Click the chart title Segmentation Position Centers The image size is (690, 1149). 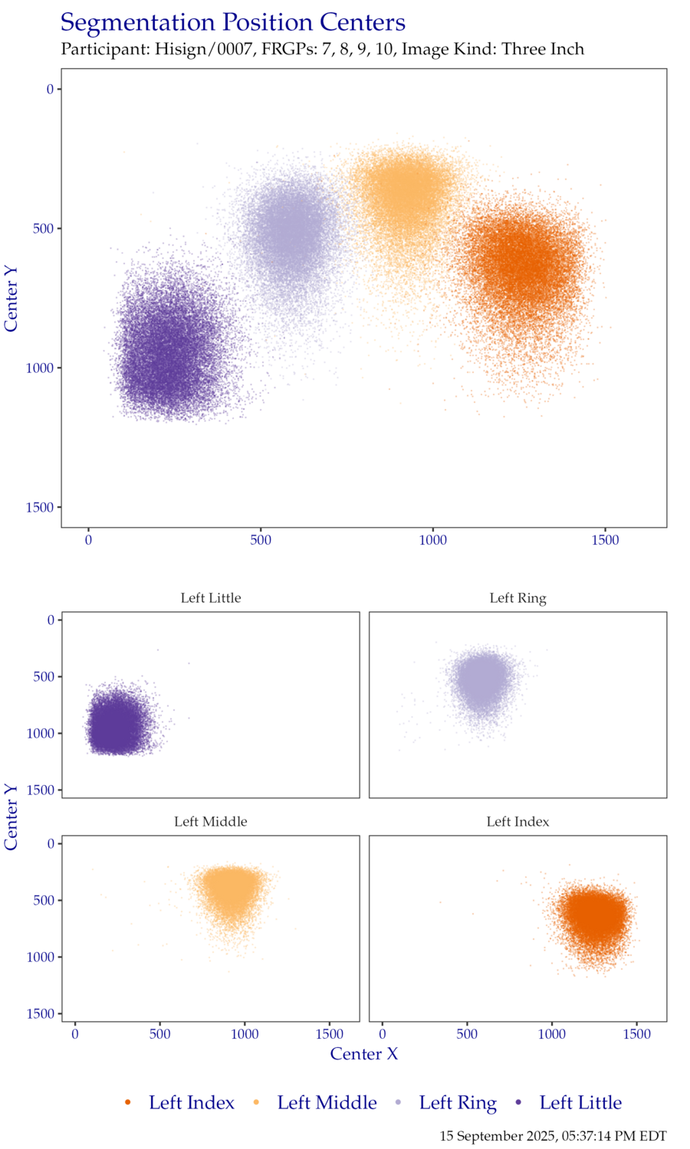[232, 23]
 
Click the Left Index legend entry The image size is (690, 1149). [191, 1103]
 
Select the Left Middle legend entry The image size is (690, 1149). [327, 1103]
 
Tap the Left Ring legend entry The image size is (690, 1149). [458, 1103]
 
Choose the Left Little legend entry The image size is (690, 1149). [580, 1103]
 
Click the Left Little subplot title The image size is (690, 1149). [211, 598]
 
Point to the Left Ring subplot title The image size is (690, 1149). [517, 598]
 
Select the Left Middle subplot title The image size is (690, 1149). [211, 822]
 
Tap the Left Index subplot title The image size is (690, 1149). [517, 822]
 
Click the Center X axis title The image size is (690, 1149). [364, 1054]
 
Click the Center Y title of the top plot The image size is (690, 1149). [11, 298]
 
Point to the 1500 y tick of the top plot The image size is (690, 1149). [40, 508]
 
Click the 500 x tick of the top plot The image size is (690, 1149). [261, 541]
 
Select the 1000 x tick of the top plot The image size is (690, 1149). [432, 541]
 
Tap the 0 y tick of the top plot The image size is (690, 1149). [50, 90]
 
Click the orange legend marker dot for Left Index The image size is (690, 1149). [128, 1102]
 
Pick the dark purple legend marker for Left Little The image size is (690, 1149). [519, 1102]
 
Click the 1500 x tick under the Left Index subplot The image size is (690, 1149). [636, 1035]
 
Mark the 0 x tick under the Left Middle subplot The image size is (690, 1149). [75, 1035]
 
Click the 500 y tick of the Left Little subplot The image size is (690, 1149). [44, 676]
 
